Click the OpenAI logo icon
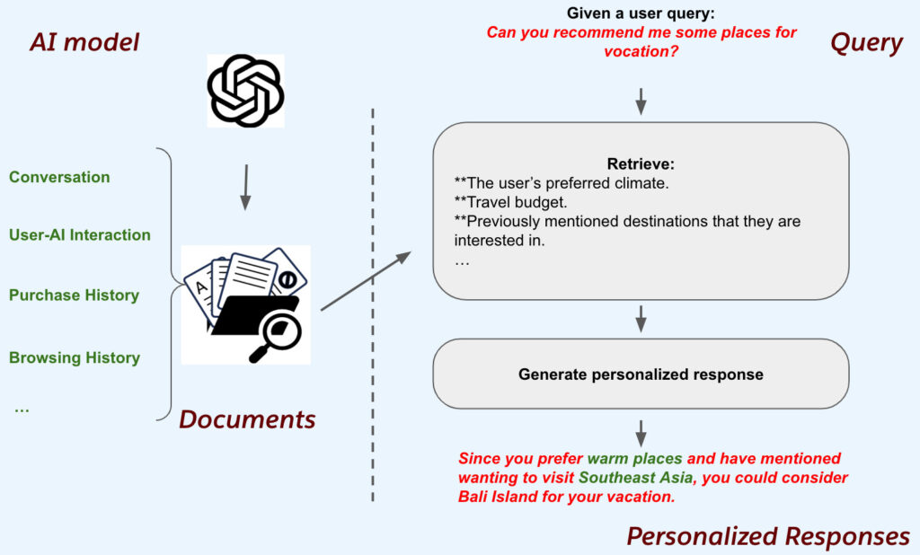pos(245,91)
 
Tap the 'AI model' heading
pos(84,42)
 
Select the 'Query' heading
pos(866,42)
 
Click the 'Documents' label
pos(247,418)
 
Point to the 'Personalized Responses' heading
pos(768,536)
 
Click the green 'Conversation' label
pos(59,177)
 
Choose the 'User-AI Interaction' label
pos(80,235)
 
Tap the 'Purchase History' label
pos(74,295)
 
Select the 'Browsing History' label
pos(75,357)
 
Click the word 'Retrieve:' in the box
pos(641,164)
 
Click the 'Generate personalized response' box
pos(641,374)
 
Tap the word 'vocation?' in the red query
pos(641,52)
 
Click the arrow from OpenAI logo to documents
pos(244,187)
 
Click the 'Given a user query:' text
pos(641,13)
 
